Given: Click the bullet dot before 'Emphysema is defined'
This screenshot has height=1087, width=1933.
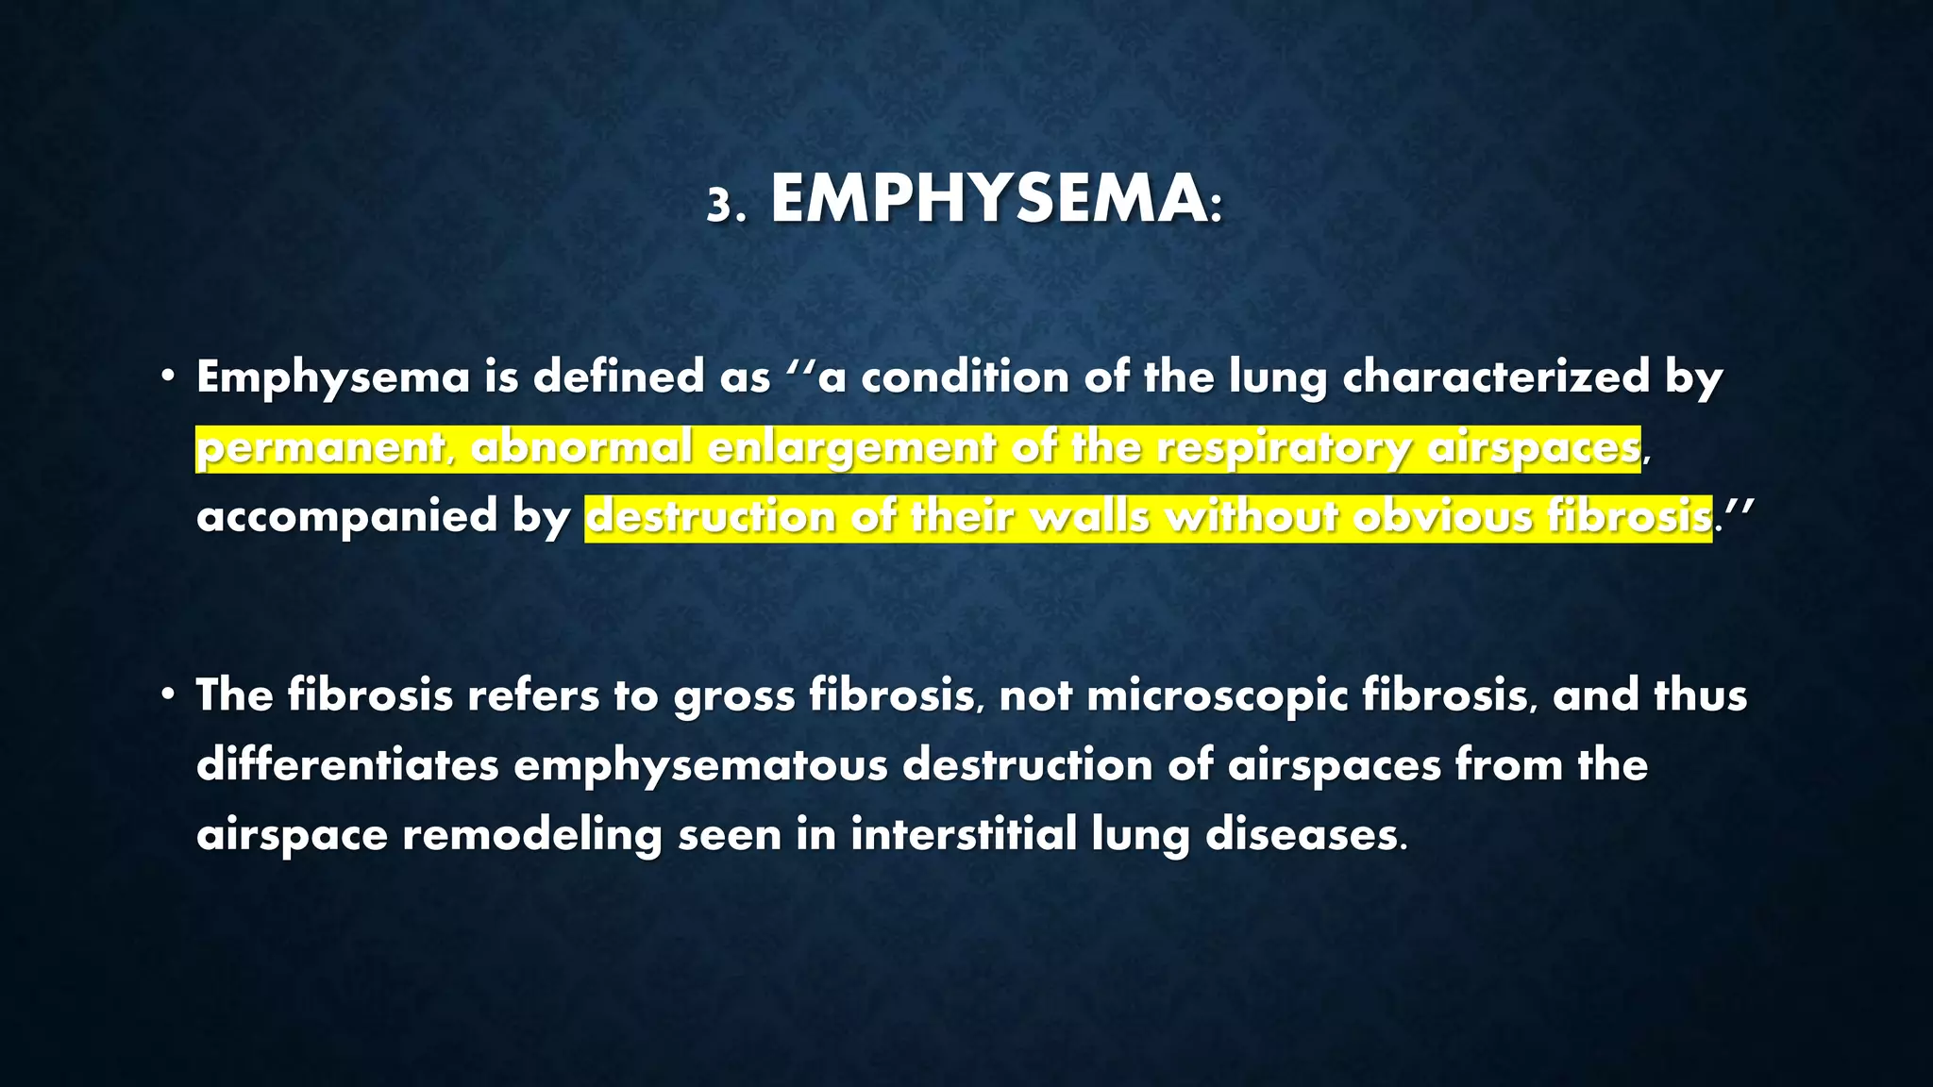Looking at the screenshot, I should point(167,377).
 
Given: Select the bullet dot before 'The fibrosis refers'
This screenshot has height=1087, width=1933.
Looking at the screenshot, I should point(167,695).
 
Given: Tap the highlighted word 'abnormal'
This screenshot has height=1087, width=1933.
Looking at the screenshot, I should point(581,447).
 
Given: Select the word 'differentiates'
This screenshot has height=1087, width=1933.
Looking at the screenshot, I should point(346,765).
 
